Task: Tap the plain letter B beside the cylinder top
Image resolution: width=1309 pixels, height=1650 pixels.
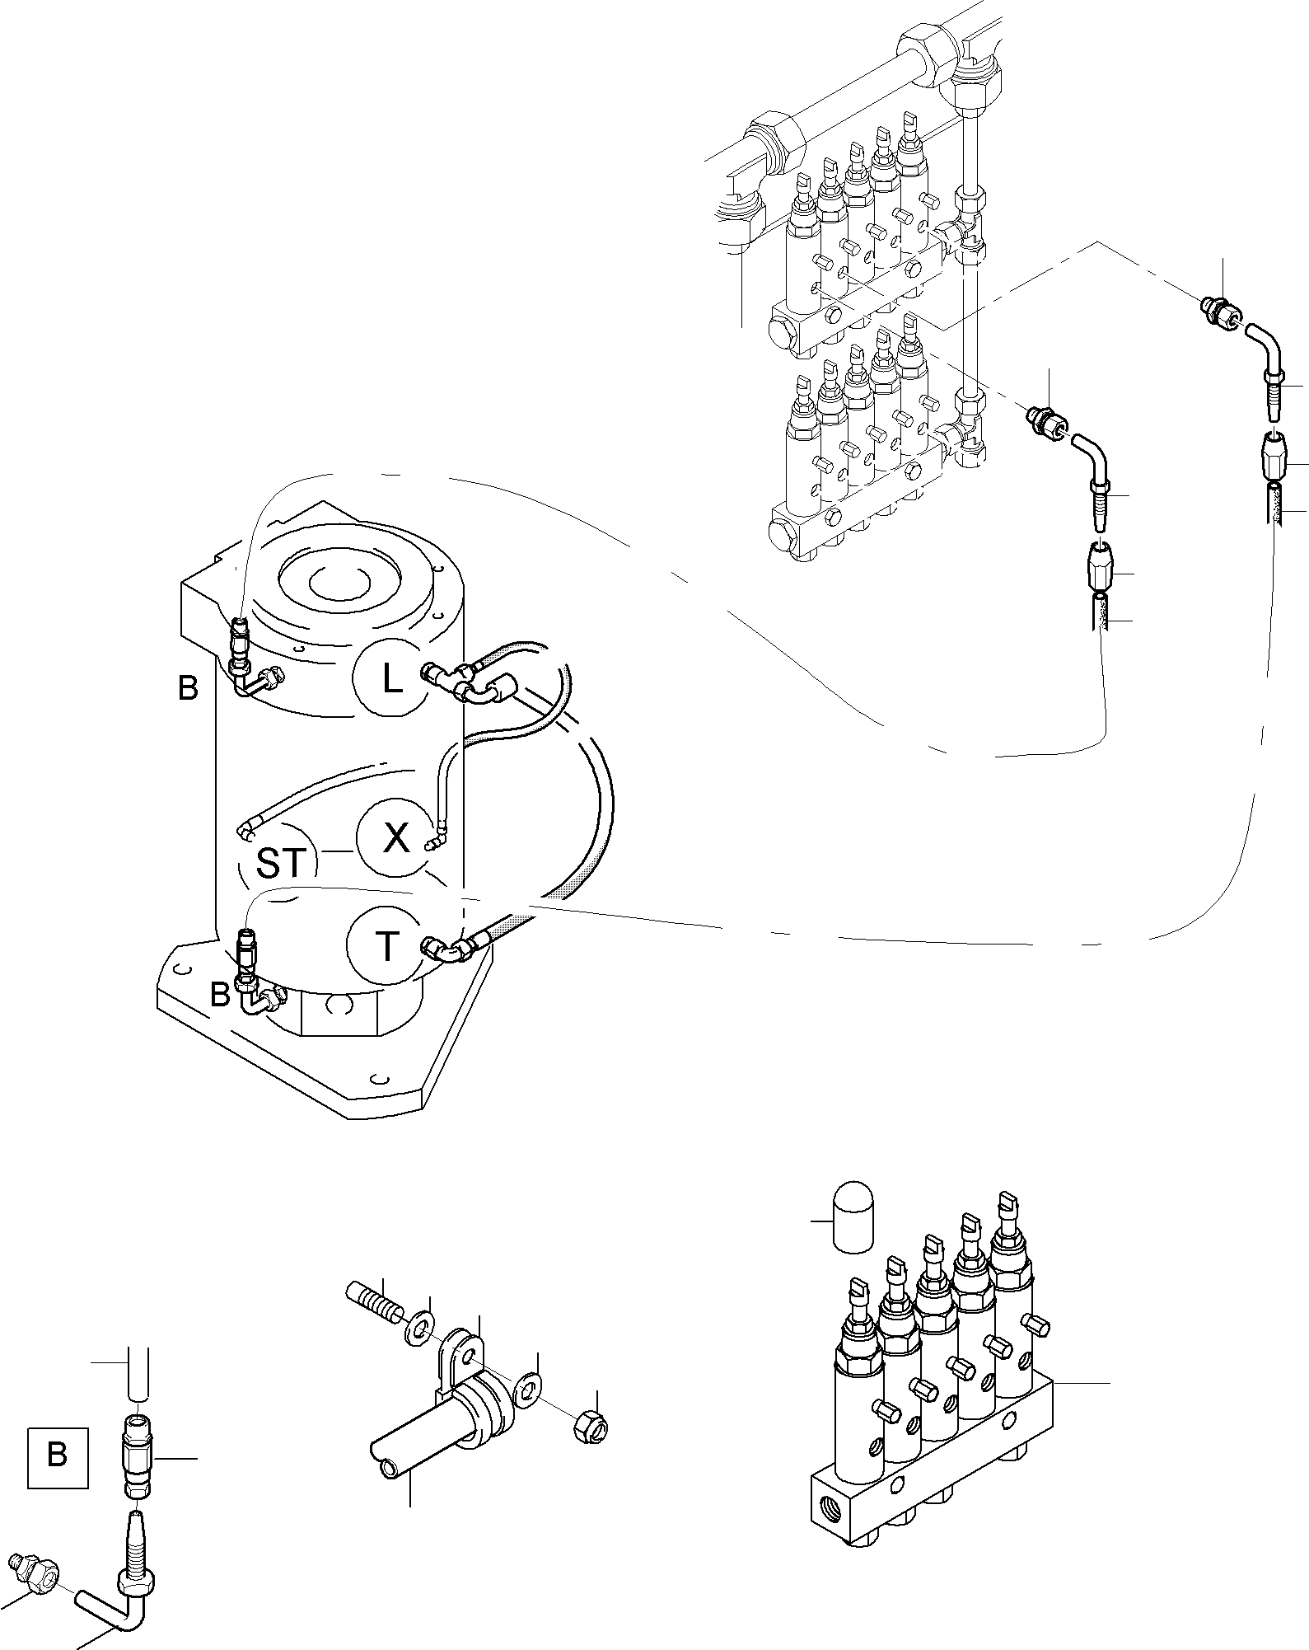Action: pos(188,687)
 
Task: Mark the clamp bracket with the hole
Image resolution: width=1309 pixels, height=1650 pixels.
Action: pos(463,1360)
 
